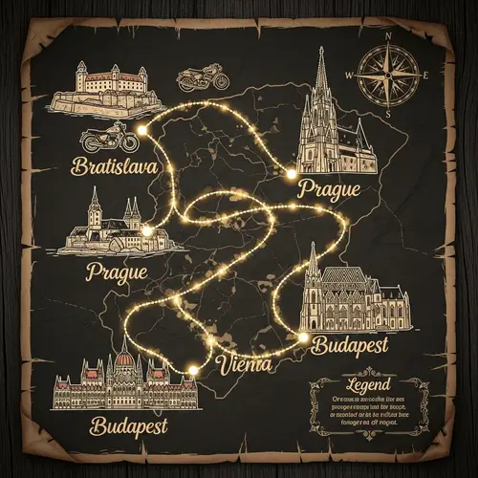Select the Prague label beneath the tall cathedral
click(x=330, y=188)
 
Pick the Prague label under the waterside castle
click(x=117, y=272)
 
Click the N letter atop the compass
click(x=388, y=37)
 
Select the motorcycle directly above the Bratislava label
click(x=104, y=138)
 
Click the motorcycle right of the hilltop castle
click(x=202, y=76)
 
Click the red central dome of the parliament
click(x=123, y=361)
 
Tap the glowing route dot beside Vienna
click(x=193, y=368)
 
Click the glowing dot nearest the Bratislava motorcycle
click(x=143, y=128)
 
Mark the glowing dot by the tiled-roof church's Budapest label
click(x=304, y=337)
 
